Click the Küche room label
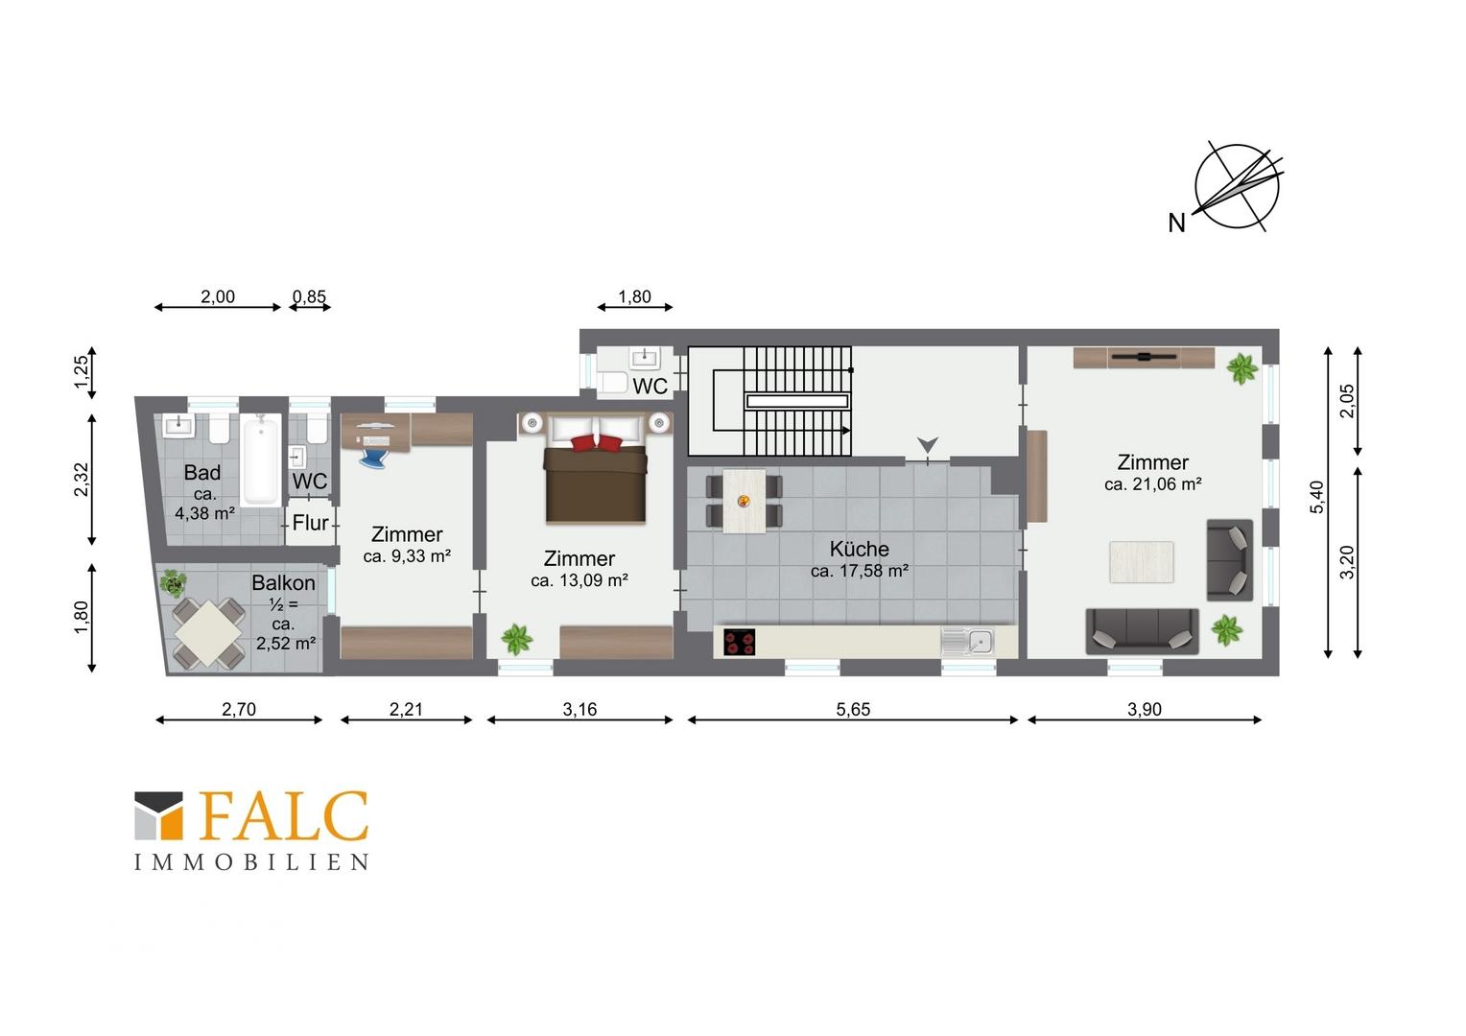[x=859, y=549]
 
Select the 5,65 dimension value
[x=853, y=710]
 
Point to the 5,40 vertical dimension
[x=1316, y=498]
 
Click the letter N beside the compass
[x=1176, y=224]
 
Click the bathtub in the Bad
[x=261, y=460]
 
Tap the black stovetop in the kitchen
[x=740, y=642]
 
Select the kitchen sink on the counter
[x=967, y=642]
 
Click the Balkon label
[x=283, y=582]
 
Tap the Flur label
[x=310, y=523]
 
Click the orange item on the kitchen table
[x=744, y=502]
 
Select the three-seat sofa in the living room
[x=1142, y=631]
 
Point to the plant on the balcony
[x=172, y=582]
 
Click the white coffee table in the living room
[x=1142, y=561]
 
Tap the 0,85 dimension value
[x=309, y=297]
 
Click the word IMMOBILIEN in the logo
[x=252, y=862]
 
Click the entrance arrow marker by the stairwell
[x=928, y=445]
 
